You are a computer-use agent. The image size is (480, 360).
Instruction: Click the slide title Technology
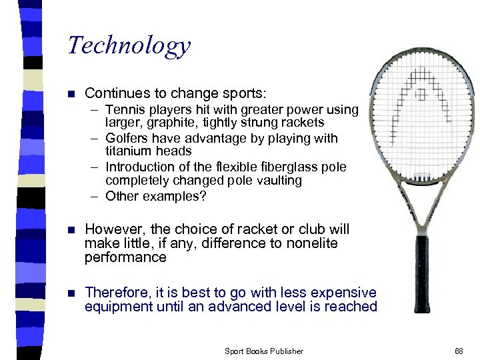129,45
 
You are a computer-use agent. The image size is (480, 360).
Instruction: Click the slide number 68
459,351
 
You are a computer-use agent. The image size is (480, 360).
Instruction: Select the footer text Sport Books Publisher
263,351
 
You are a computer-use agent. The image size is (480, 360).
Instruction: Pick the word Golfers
127,139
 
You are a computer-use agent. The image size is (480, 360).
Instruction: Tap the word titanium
128,151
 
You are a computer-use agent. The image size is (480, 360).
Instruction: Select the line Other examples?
156,196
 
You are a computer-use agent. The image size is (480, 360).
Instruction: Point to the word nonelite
312,243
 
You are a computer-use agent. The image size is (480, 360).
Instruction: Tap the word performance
125,257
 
